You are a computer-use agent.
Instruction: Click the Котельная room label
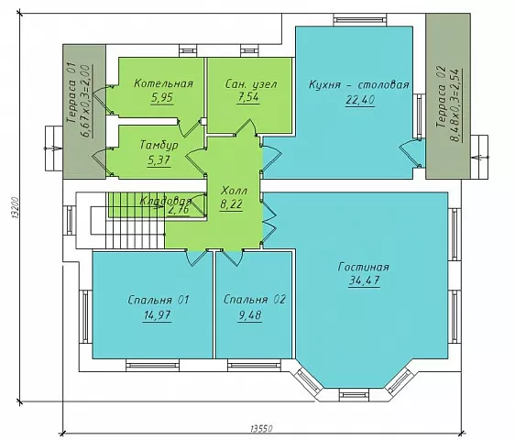pos(163,83)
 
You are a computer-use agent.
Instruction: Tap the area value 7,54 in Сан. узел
pos(248,97)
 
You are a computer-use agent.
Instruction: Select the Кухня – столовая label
pos(359,84)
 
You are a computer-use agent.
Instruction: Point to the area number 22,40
pos(360,100)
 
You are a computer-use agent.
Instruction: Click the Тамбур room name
pos(159,146)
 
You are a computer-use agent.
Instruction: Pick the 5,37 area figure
pos(159,160)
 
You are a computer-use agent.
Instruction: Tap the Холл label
pos(235,191)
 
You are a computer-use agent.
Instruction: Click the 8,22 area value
pos(231,204)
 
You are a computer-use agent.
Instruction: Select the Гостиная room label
pos(363,267)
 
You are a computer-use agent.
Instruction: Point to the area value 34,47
pos(364,280)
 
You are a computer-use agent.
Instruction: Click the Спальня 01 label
pos(159,300)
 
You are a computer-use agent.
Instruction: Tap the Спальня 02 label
pos(255,300)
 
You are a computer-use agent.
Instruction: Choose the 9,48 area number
pos(250,315)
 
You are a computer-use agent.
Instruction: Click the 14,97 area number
pos(157,315)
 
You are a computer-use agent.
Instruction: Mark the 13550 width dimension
pos(262,428)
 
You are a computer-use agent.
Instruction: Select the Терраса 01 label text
pos(71,93)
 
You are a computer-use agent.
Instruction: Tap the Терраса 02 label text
pos(441,97)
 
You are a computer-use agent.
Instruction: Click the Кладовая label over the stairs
pos(166,201)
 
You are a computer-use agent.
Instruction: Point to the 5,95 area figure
pos(161,98)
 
